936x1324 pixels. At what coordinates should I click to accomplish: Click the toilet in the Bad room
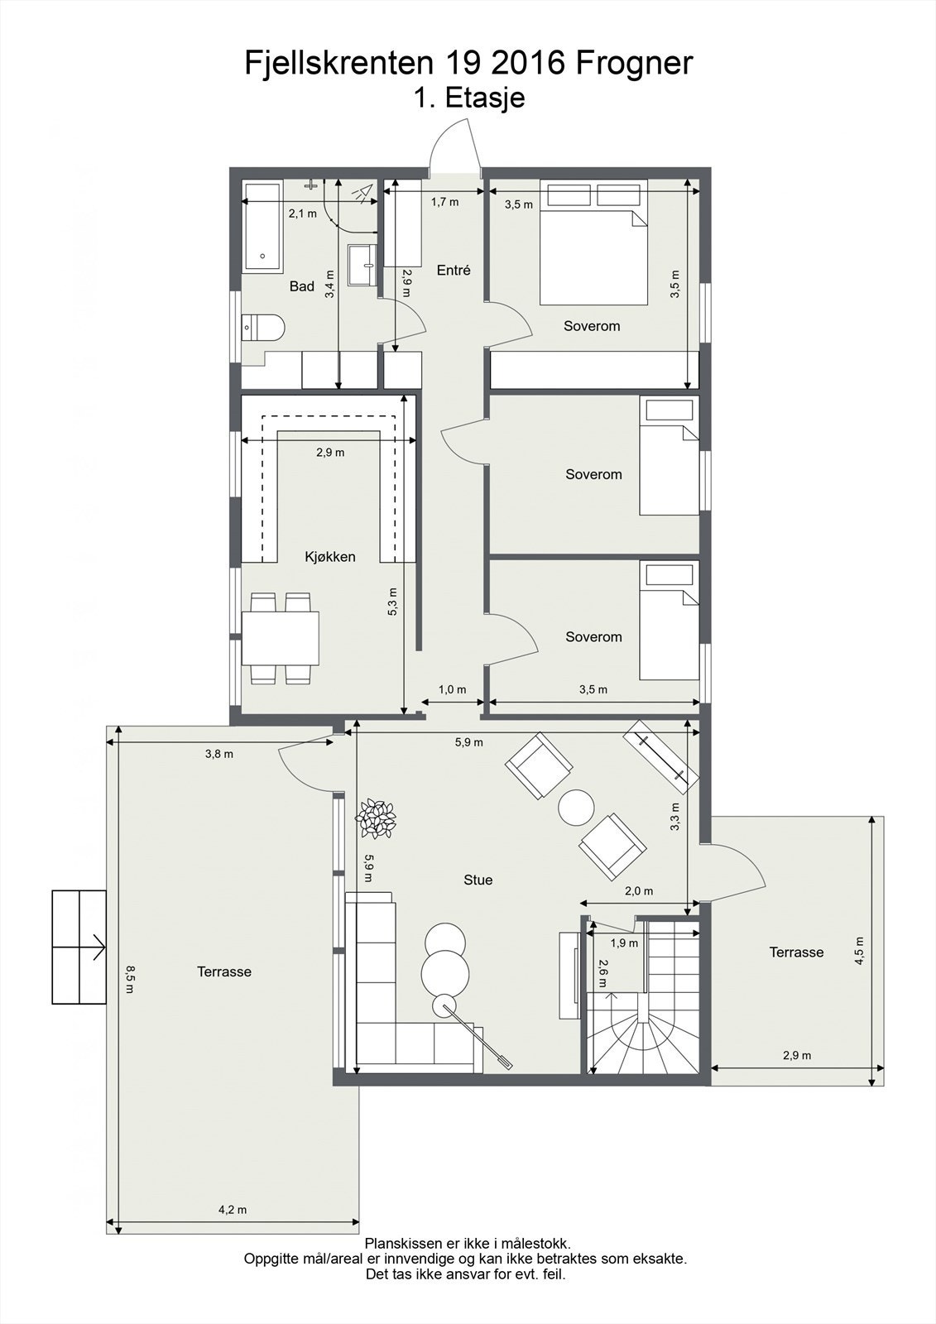[x=262, y=328]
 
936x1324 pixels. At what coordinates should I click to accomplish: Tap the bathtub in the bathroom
[x=262, y=228]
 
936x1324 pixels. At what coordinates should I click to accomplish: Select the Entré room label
[x=454, y=270]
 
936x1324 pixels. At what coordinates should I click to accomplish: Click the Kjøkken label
[x=330, y=557]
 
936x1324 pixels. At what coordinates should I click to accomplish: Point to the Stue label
[x=478, y=880]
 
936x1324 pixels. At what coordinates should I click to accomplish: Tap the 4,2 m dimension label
[x=233, y=1209]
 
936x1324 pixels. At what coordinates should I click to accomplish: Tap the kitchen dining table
[x=281, y=638]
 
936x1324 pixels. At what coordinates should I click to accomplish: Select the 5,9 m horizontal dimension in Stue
[x=468, y=742]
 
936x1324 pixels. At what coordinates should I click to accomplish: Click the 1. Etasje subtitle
[x=469, y=98]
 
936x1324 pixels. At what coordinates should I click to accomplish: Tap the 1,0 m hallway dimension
[x=452, y=689]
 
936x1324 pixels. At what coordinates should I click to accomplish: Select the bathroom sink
[x=362, y=265]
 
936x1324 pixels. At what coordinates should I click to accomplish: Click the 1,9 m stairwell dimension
[x=624, y=943]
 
